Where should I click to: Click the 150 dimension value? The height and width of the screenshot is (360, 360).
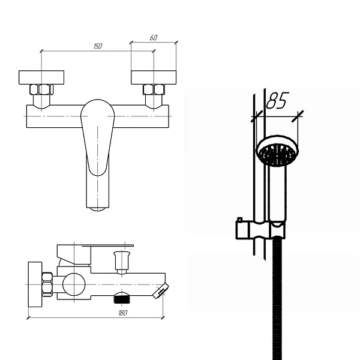pos(98,46)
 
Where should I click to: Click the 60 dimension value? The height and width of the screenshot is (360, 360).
pos(154,37)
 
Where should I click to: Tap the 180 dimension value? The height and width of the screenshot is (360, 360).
pos(122,313)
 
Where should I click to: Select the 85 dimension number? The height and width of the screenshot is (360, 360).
pos(277,100)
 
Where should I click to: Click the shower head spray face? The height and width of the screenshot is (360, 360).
pos(277,154)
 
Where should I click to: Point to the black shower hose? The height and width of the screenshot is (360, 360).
pos(277,298)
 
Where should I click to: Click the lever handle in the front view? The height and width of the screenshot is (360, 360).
pos(98,137)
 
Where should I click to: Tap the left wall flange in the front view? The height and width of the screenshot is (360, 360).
pos(41,77)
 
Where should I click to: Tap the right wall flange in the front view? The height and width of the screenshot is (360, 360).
pos(154,77)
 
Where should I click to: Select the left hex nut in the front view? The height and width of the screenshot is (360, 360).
pos(41,89)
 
